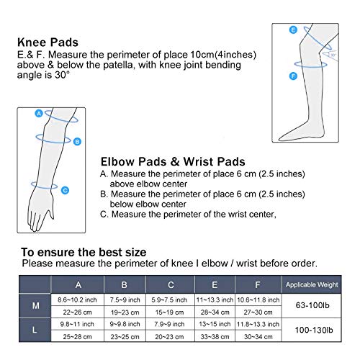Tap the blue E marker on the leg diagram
[293, 30]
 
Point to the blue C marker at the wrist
[64, 190]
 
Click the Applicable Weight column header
[310, 284]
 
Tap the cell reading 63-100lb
[310, 306]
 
